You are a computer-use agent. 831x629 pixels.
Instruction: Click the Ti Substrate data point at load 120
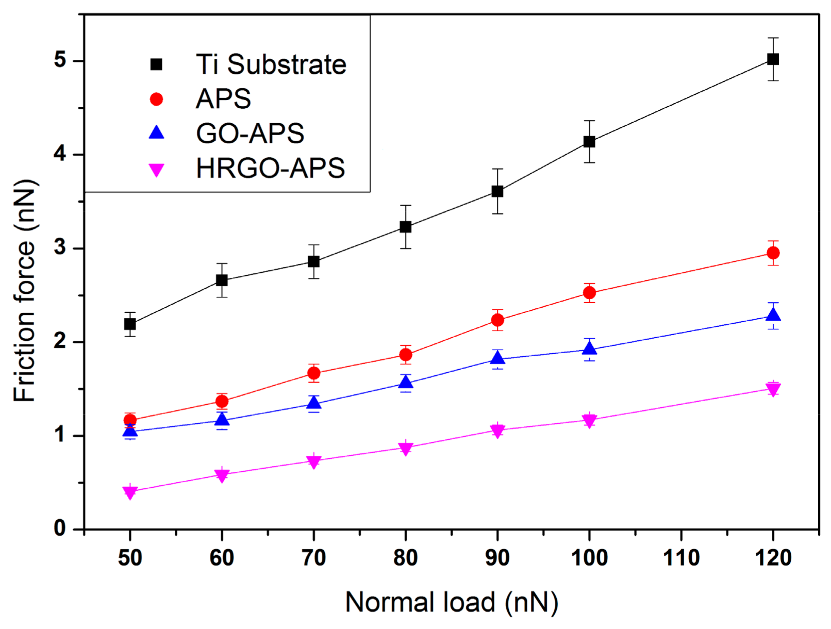[773, 59]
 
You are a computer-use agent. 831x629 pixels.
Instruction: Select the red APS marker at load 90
[497, 320]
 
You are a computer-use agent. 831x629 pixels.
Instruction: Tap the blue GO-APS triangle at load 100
[589, 349]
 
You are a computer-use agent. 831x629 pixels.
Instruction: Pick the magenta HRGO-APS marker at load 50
[130, 492]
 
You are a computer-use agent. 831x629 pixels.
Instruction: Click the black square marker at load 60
[222, 280]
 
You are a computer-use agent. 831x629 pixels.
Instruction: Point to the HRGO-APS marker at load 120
[773, 389]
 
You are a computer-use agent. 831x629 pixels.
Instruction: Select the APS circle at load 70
[314, 373]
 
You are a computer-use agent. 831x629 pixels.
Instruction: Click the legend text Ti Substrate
[271, 64]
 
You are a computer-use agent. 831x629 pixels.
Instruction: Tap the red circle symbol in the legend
[156, 99]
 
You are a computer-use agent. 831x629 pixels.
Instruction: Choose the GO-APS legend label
[250, 134]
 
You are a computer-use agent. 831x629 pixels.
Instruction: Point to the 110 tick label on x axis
[681, 558]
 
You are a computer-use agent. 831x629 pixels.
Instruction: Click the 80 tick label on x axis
[406, 558]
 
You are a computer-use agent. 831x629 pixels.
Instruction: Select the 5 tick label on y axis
[61, 60]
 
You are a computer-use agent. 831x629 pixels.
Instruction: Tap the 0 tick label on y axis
[61, 528]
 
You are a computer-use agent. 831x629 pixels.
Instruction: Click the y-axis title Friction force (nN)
[25, 291]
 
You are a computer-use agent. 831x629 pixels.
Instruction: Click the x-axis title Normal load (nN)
[451, 602]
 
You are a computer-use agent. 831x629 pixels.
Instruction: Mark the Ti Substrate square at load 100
[589, 142]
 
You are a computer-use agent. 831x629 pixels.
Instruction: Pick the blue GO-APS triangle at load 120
[773, 314]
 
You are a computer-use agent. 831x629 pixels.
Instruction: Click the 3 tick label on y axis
[61, 248]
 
